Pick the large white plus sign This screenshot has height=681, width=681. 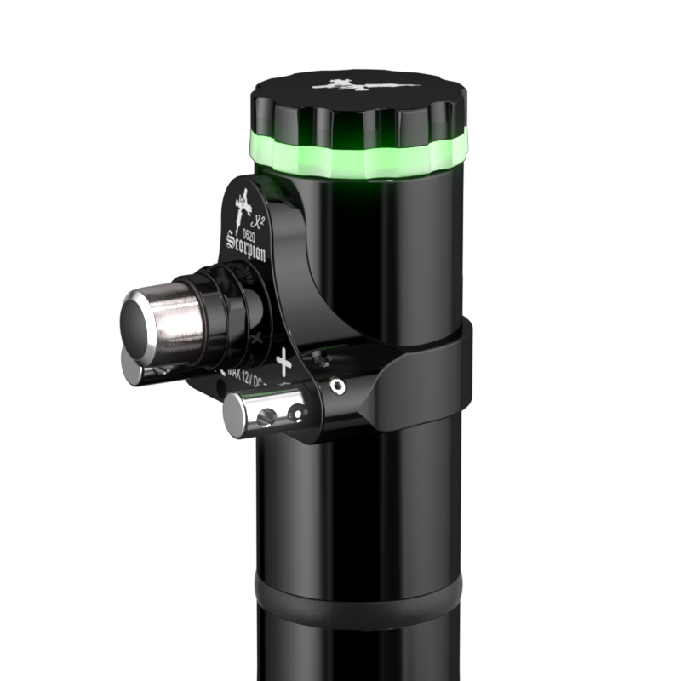click(x=283, y=363)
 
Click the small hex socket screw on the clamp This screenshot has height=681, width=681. click(x=338, y=386)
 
